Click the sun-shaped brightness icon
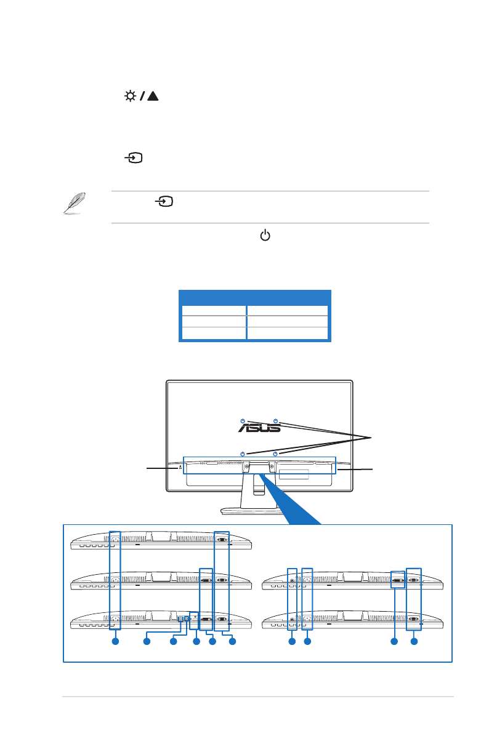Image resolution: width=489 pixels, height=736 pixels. point(130,97)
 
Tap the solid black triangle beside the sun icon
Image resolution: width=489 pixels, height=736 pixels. point(152,97)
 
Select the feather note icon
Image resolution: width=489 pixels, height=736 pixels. point(75,204)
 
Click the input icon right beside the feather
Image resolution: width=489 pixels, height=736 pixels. point(164,201)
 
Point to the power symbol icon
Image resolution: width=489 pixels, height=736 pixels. point(265,235)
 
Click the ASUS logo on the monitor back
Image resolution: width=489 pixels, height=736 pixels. point(259,427)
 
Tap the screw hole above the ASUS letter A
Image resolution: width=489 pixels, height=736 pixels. point(243,421)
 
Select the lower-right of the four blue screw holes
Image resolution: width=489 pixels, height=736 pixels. point(275,454)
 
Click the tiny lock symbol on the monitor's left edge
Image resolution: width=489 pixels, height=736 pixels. point(180,466)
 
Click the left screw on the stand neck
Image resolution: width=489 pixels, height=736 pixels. point(247,466)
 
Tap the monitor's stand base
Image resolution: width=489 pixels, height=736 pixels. point(259,510)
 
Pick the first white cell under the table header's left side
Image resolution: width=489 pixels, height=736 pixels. point(213,310)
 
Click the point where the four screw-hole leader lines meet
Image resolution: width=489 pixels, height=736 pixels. point(371,438)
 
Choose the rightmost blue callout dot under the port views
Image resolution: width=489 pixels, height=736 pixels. point(414,642)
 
